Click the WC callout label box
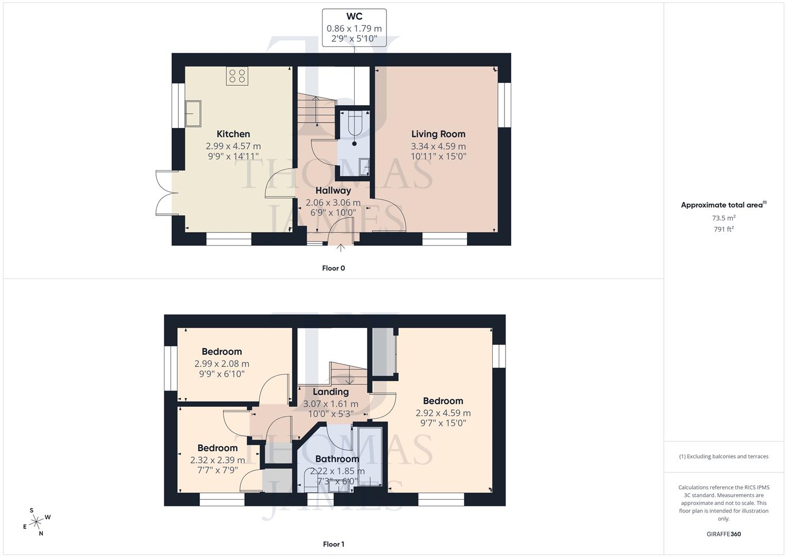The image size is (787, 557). pyautogui.click(x=354, y=28)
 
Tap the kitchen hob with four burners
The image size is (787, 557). pyautogui.click(x=237, y=76)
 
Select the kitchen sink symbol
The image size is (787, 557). pyautogui.click(x=193, y=113)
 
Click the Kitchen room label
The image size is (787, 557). pyautogui.click(x=233, y=134)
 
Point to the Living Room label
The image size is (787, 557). pyautogui.click(x=438, y=134)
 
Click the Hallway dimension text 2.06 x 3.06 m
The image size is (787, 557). pyautogui.click(x=333, y=203)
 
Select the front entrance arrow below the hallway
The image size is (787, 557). pyautogui.click(x=341, y=248)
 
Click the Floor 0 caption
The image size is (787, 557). pyautogui.click(x=333, y=268)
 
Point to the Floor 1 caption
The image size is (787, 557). pyautogui.click(x=333, y=544)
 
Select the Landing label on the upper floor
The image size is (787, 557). pyautogui.click(x=330, y=392)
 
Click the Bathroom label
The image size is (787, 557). pyautogui.click(x=337, y=459)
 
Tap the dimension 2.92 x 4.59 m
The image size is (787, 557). pyautogui.click(x=443, y=413)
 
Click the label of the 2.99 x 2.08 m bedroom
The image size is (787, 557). pyautogui.click(x=222, y=352)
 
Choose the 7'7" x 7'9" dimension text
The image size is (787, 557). pyautogui.click(x=217, y=470)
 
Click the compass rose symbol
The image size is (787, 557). pyautogui.click(x=36, y=522)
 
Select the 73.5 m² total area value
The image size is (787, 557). pyautogui.click(x=724, y=218)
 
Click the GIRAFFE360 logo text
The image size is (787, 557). pyautogui.click(x=724, y=534)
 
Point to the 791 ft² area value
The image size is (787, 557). pyautogui.click(x=724, y=230)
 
